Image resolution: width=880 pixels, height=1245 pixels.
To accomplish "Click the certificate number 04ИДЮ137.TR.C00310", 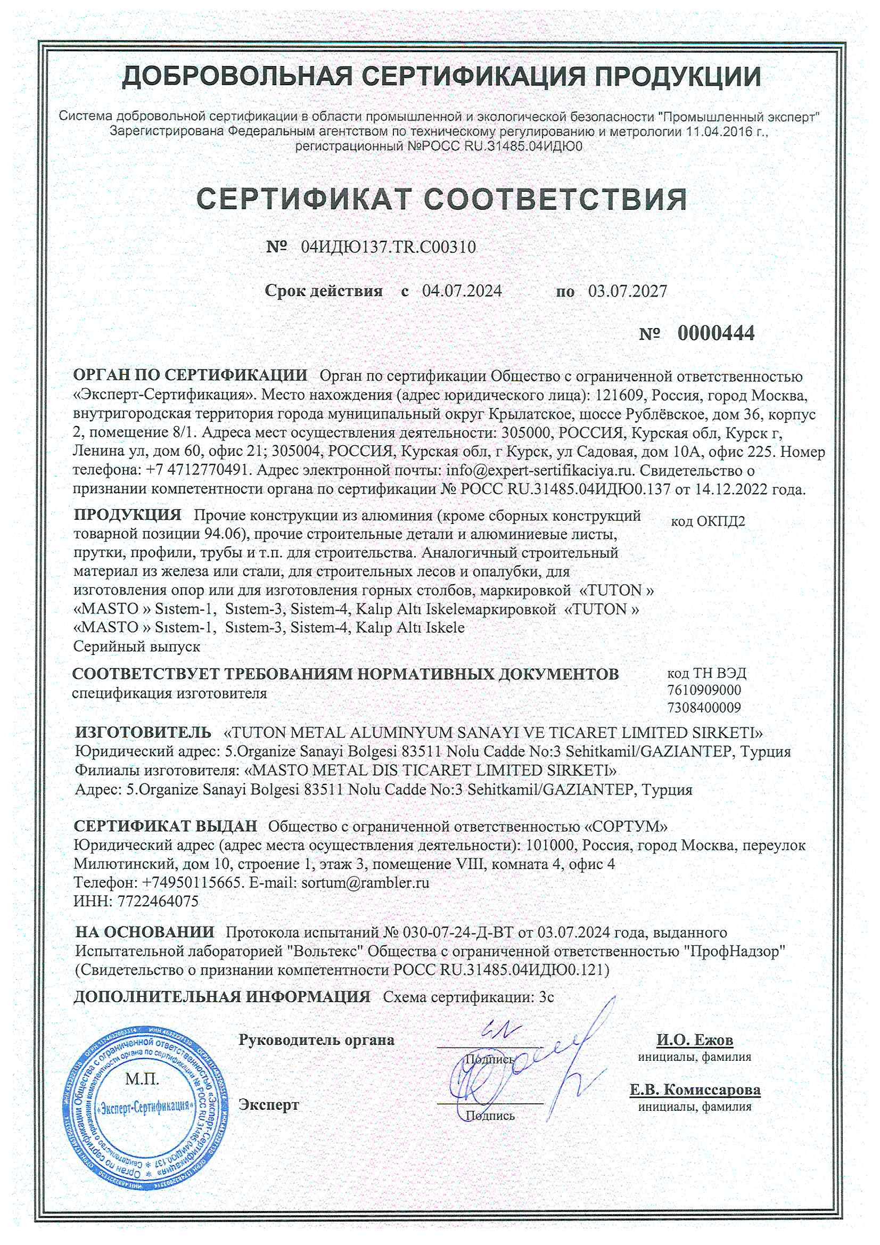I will (388, 247).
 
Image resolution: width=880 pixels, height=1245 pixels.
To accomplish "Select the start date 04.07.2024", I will (462, 291).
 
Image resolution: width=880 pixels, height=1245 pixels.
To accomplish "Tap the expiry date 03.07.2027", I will (628, 291).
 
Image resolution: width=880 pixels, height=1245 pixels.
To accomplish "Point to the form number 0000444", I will (715, 333).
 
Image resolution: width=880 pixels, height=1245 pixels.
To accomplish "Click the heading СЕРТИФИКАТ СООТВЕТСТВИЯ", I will (441, 199).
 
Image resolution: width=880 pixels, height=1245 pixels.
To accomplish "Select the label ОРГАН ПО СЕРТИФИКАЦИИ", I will (190, 375).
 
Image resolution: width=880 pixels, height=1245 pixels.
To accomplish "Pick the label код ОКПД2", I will (708, 522).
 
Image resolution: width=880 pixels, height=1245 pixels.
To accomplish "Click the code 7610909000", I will (704, 690).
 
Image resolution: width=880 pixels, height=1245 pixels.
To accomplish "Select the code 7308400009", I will (704, 708).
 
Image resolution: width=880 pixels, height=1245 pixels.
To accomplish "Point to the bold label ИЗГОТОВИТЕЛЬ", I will (143, 733).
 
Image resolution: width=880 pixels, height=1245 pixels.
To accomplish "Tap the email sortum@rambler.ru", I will (365, 883).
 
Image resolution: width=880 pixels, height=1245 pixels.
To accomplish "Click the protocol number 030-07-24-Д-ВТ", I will (458, 932).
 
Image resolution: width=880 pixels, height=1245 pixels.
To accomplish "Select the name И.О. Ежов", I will (695, 1039).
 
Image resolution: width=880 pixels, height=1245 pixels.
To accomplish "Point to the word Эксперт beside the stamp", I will (269, 1104).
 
